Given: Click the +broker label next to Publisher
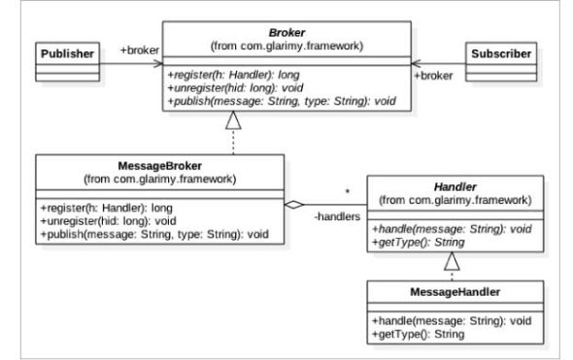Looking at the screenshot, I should pos(139,49).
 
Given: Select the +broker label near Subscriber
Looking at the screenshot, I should pos(433,74).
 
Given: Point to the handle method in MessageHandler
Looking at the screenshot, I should pos(446,320).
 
